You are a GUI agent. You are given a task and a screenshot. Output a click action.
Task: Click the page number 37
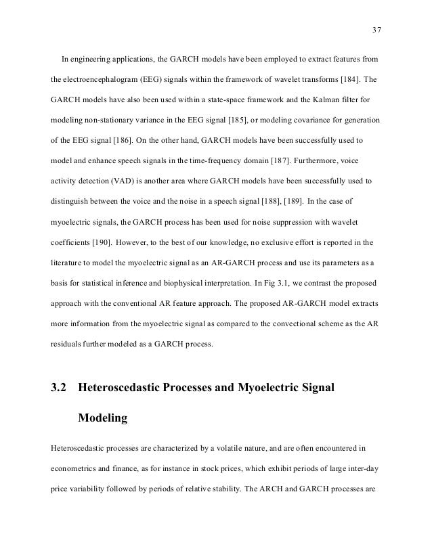click(376, 29)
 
